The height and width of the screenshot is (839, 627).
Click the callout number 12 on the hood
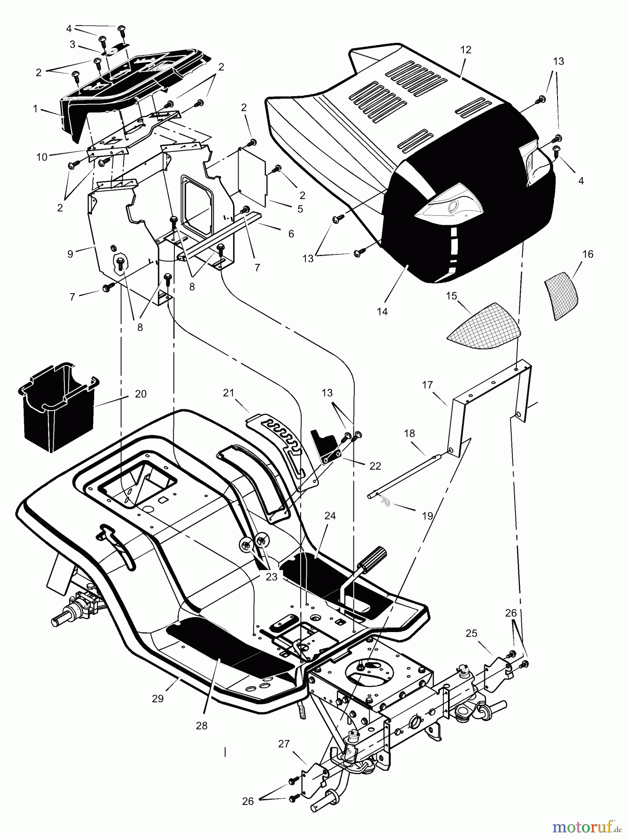tap(466, 50)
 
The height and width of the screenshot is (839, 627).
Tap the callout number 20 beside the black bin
tap(140, 394)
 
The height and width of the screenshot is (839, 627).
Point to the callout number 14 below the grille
tap(382, 312)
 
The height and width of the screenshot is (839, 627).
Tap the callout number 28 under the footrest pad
tap(201, 726)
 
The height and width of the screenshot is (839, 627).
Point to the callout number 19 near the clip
tap(427, 516)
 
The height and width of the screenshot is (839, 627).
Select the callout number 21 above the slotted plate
tap(228, 393)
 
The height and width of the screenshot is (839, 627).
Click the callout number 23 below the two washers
tap(271, 577)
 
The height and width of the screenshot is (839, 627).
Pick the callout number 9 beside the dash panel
tap(70, 254)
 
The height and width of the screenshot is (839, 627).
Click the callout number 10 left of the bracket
tap(42, 157)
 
